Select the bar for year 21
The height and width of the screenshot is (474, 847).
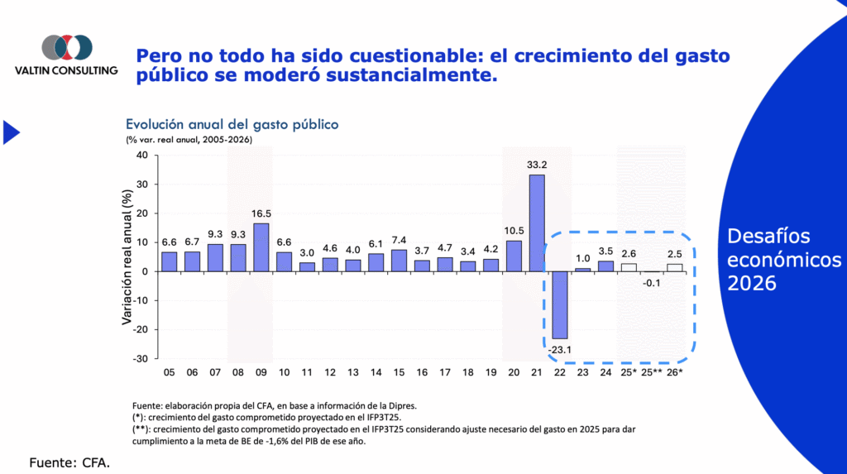point(537,223)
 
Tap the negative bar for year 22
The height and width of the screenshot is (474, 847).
point(560,304)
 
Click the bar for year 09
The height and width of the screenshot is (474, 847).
point(261,247)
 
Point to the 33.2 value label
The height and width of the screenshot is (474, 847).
point(537,165)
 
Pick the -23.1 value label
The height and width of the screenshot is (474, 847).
point(560,350)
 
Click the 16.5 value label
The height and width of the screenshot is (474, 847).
point(261,213)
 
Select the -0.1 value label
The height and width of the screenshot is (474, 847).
point(653,283)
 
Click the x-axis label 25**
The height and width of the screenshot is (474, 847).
point(653,374)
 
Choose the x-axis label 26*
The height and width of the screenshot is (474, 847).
point(675,374)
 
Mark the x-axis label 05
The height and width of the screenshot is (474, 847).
point(169,374)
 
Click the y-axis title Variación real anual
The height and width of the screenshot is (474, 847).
point(128,257)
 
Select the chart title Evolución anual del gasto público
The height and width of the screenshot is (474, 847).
point(232,124)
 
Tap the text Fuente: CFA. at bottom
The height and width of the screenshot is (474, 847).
point(69,462)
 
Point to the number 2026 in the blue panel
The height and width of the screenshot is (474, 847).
point(751,284)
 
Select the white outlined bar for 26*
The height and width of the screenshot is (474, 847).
point(675,267)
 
